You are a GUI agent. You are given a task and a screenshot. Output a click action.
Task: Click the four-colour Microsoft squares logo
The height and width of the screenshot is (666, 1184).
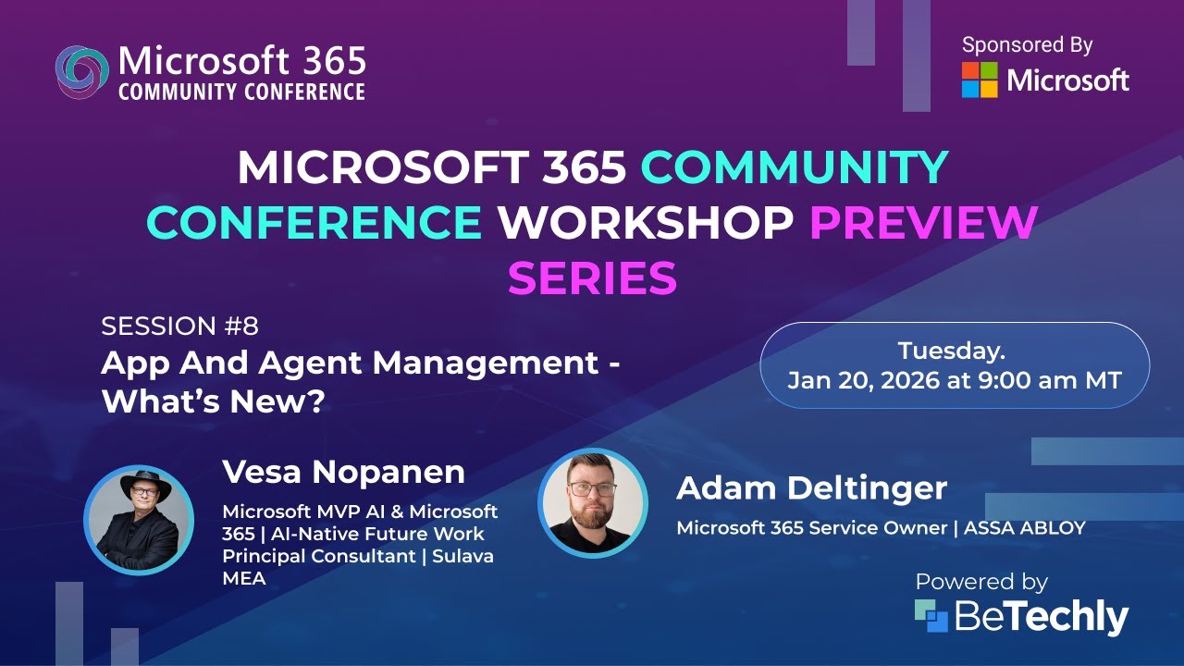click(980, 80)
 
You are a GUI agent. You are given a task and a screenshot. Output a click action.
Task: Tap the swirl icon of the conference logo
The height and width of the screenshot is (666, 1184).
click(81, 71)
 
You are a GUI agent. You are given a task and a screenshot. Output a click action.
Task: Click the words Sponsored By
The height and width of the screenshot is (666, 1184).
click(1027, 44)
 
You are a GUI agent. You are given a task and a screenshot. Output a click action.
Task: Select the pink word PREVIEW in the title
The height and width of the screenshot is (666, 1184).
click(923, 222)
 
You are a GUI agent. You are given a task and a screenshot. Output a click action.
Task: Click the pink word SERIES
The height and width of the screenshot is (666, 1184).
click(592, 277)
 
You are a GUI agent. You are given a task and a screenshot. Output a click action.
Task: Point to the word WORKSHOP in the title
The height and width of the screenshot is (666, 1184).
click(646, 222)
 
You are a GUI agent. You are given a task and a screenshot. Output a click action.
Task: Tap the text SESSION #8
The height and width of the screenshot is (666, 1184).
click(179, 327)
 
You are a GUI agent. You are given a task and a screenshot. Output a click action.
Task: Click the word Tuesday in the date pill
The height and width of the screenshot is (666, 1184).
click(951, 351)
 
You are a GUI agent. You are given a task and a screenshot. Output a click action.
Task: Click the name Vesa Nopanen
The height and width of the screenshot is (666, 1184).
click(343, 472)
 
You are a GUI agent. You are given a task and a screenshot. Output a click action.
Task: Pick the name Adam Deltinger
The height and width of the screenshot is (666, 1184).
click(811, 488)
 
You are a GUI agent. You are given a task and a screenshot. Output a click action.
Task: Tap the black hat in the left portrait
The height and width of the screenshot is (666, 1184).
click(140, 484)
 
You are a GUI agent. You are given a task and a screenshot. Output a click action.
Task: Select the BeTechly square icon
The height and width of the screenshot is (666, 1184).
click(931, 616)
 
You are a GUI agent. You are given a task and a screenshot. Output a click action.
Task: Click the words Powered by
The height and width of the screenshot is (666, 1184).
click(980, 582)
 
